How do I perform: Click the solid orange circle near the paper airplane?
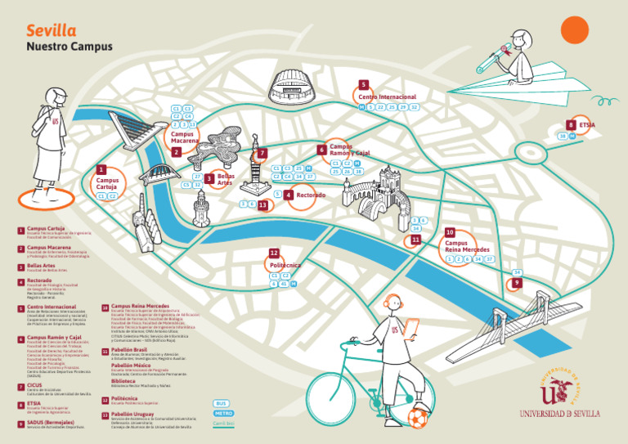tap(575, 30)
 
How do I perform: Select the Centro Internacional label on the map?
tap(392, 97)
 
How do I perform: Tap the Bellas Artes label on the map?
tap(226, 179)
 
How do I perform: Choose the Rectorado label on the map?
tap(311, 195)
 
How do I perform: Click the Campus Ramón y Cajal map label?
tap(349, 150)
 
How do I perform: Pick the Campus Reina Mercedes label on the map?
tap(467, 246)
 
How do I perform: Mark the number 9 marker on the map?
tap(516, 283)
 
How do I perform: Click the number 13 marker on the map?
tap(262, 205)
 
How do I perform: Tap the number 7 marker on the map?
tap(262, 153)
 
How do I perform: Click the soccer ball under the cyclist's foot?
tap(418, 419)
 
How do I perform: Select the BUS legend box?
tap(222, 404)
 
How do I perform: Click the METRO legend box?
tap(222, 414)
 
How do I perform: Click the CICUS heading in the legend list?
tap(34, 384)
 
